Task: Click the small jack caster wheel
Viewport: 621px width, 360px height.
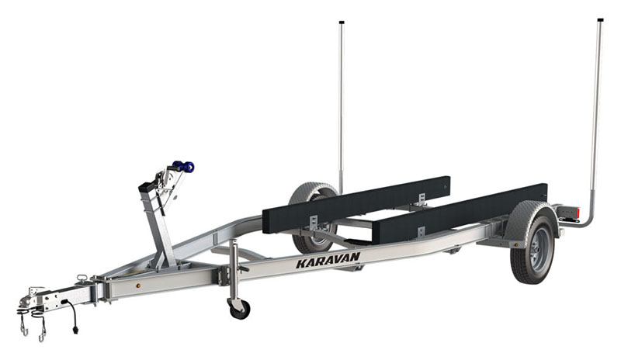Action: pos(238,307)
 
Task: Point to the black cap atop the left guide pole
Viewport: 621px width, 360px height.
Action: pos(342,22)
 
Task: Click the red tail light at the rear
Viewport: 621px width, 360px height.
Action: pos(575,213)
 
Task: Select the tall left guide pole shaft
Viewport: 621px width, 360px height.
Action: pos(341,101)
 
